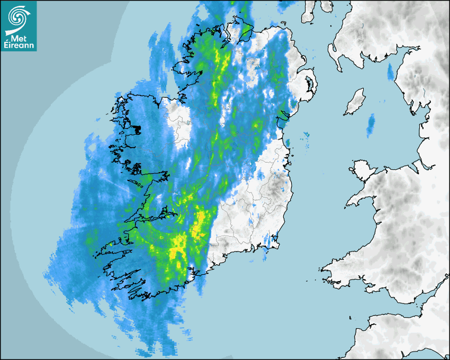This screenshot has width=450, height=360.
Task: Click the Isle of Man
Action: pyautogui.click(x=355, y=102)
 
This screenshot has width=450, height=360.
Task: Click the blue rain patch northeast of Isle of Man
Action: pyautogui.click(x=391, y=71)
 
